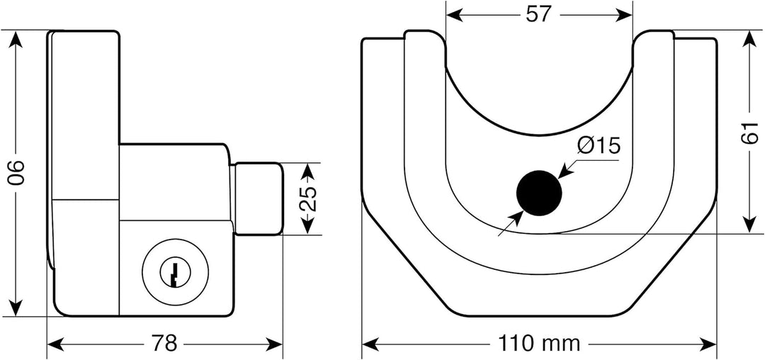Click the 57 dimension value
click(x=539, y=15)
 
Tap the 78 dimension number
click(x=165, y=344)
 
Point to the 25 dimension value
click(x=307, y=199)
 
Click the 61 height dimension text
click(x=749, y=132)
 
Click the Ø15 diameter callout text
click(x=599, y=146)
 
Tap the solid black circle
click(x=539, y=191)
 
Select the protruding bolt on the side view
click(x=258, y=198)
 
